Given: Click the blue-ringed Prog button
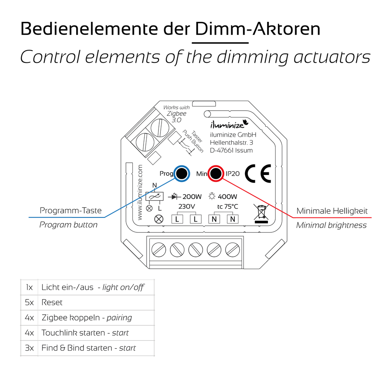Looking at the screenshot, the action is pyautogui.click(x=181, y=173).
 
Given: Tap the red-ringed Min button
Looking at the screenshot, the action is pyautogui.click(x=216, y=173).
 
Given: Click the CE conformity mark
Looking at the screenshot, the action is pyautogui.click(x=258, y=173).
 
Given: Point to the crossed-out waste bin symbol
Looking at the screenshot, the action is pyautogui.click(x=261, y=213).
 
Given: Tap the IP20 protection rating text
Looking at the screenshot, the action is pyautogui.click(x=232, y=173).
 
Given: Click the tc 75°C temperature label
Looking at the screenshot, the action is pyautogui.click(x=228, y=206).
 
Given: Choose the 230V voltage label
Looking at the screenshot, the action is pyautogui.click(x=187, y=206).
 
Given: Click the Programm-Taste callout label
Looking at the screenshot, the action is pyautogui.click(x=71, y=211).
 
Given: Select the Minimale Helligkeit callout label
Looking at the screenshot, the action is pyautogui.click(x=332, y=211).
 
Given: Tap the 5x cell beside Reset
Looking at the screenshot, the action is pyautogui.click(x=29, y=302).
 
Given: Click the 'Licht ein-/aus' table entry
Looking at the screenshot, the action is pyautogui.click(x=67, y=287).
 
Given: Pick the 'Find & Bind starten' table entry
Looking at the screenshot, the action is pyautogui.click(x=77, y=348).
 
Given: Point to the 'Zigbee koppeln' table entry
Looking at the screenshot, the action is pyautogui.click(x=71, y=318).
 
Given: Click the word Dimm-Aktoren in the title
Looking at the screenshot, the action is pyautogui.click(x=258, y=29).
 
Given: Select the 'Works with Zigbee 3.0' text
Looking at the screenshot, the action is pyautogui.click(x=176, y=114).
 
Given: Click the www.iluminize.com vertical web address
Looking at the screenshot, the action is pyautogui.click(x=140, y=192).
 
